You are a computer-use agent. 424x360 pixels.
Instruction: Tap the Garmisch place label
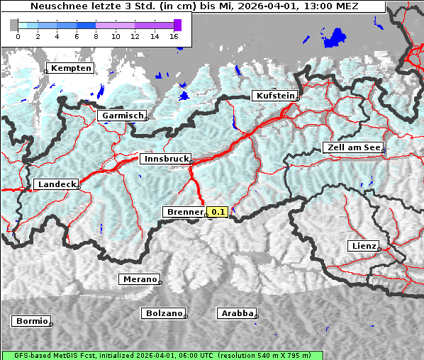pyautogui.click(x=123, y=116)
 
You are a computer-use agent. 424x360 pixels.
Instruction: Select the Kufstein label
pyautogui.click(x=274, y=96)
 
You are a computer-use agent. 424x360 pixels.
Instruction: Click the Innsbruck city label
pyautogui.click(x=165, y=159)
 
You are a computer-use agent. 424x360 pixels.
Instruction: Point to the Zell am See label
pyautogui.click(x=353, y=148)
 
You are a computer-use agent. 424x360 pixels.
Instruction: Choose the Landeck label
pyautogui.click(x=56, y=184)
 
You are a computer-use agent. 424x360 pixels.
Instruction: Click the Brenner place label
pyautogui.click(x=184, y=212)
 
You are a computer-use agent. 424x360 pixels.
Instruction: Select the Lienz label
pyautogui.click(x=363, y=246)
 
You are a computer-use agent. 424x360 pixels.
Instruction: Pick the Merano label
pyautogui.click(x=139, y=279)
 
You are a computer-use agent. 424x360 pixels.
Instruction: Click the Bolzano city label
pyautogui.click(x=164, y=313)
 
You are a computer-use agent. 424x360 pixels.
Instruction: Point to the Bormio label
pyautogui.click(x=32, y=321)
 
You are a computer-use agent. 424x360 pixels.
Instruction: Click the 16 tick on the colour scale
pyautogui.click(x=174, y=36)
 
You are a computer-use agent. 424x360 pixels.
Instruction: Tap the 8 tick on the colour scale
pyautogui.click(x=96, y=36)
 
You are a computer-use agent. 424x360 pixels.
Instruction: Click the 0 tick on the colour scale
pyautogui.click(x=18, y=36)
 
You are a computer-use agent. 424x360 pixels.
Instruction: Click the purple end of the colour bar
pyautogui.click(x=177, y=25)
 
